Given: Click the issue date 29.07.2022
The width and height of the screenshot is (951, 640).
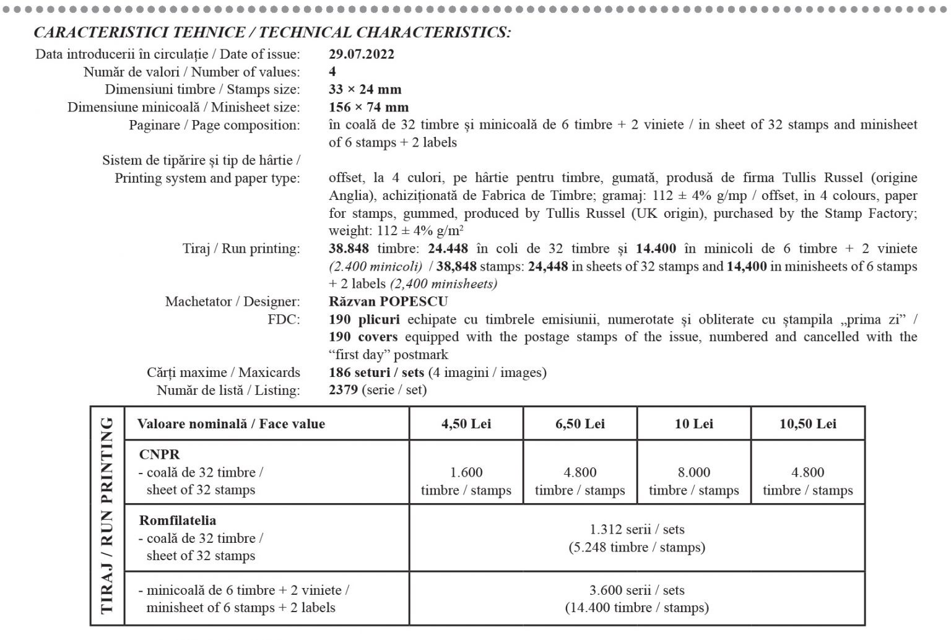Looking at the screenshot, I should coord(362,54).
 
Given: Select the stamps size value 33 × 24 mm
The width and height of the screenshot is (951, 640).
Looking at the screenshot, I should coord(365,89).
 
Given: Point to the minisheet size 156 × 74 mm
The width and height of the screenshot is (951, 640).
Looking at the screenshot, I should coord(368,107).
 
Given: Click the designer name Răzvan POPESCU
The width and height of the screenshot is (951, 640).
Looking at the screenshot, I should coord(388,301).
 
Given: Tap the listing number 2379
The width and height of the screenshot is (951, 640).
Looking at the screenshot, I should coord(343,390).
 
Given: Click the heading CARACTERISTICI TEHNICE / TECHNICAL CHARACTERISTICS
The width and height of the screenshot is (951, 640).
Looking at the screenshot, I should coord(272,32).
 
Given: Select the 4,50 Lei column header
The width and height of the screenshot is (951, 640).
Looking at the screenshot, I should coord(466,424).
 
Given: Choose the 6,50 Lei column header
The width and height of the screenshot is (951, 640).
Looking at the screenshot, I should coord(580,424).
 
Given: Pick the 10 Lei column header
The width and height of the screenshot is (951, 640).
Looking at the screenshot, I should coord(693,424).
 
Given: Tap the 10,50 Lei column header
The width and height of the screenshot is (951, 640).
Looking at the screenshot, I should coord(807,424).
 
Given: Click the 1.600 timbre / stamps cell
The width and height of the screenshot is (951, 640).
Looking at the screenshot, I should coord(466,481).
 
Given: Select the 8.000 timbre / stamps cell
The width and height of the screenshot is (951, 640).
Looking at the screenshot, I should coord(693,481).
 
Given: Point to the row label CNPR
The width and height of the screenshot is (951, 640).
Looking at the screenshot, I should coord(159,454).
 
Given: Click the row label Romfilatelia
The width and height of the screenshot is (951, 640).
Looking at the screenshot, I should coord(178,521).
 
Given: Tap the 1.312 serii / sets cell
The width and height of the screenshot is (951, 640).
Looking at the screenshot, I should coord(636,538).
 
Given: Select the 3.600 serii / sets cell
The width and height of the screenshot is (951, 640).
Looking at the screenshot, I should coord(636,599).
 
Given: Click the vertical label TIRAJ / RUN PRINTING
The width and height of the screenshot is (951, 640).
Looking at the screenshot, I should coord(107,515).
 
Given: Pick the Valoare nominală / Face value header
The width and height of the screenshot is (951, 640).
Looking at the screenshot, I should coord(231,424).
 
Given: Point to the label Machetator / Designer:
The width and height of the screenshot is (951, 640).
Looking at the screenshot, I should coord(232,301).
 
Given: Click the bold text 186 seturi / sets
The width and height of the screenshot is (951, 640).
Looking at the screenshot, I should coord(376,373).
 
